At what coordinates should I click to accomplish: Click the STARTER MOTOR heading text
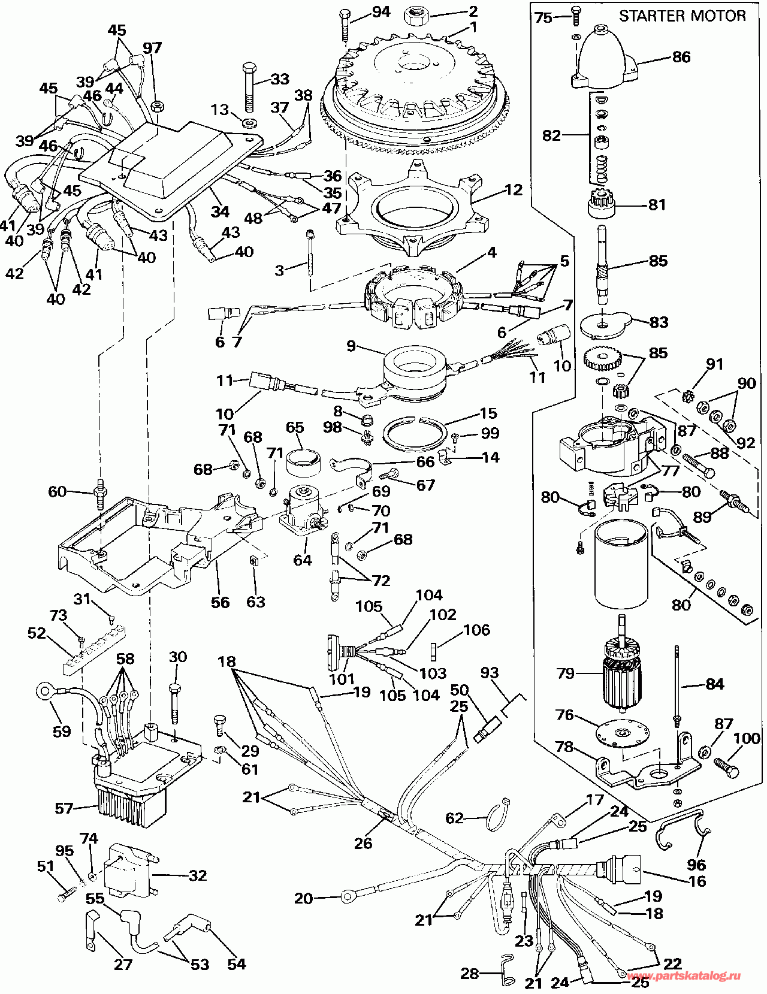click(x=682, y=16)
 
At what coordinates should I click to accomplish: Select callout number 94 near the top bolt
click(x=381, y=11)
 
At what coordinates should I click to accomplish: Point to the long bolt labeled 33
click(x=250, y=87)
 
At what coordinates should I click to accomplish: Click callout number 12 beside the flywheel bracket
click(x=514, y=190)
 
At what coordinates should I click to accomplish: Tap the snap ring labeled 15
click(x=415, y=433)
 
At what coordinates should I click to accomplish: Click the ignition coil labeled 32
click(x=129, y=871)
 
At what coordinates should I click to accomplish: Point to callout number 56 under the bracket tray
click(x=220, y=602)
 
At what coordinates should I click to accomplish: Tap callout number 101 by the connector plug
click(x=342, y=679)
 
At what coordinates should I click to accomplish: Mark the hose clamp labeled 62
click(x=495, y=817)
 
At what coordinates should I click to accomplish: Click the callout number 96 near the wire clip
click(x=696, y=865)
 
